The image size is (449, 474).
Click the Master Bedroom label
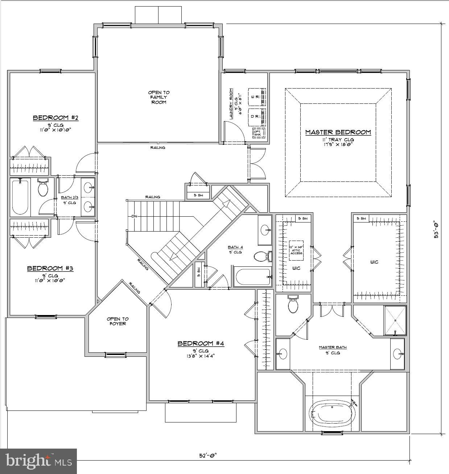338,132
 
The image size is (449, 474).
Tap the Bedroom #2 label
56,118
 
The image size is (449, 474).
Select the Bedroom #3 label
50,268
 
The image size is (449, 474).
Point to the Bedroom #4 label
201,343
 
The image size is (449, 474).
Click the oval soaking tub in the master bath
332,413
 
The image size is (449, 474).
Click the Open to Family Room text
158,97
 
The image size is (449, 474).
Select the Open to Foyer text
118,321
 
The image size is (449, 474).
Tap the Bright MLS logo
38,461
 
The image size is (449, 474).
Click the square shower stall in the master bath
395,320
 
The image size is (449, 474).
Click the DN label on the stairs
135,217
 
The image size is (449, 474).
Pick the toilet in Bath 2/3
43,187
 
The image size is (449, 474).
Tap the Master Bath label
332,347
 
